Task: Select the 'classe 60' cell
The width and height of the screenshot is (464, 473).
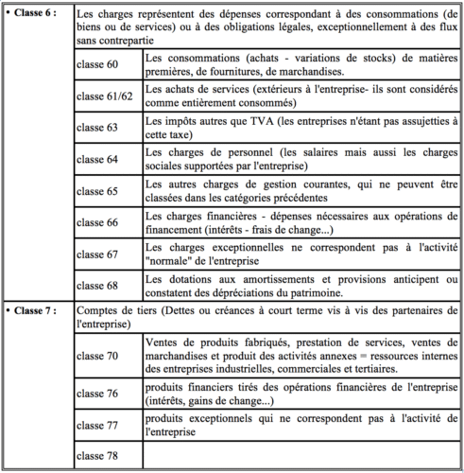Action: pos(97,65)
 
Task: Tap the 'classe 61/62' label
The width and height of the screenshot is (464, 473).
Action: pos(104,96)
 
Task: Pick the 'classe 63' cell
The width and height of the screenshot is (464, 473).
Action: pos(97,128)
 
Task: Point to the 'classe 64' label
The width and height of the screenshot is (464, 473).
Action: pos(97,159)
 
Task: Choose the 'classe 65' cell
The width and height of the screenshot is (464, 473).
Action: pos(97,191)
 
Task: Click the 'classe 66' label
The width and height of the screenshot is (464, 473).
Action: pos(97,222)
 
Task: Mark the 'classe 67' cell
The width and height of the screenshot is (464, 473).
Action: pos(97,254)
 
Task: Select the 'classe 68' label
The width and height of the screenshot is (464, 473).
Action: pos(97,284)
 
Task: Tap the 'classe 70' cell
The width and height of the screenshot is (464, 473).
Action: pos(97,356)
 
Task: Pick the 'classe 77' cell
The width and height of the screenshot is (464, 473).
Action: pos(97,426)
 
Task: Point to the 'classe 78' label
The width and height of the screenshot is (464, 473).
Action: pos(97,457)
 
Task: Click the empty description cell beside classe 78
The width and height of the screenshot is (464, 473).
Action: pos(301,457)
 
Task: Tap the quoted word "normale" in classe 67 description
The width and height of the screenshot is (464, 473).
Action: pos(169,260)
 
